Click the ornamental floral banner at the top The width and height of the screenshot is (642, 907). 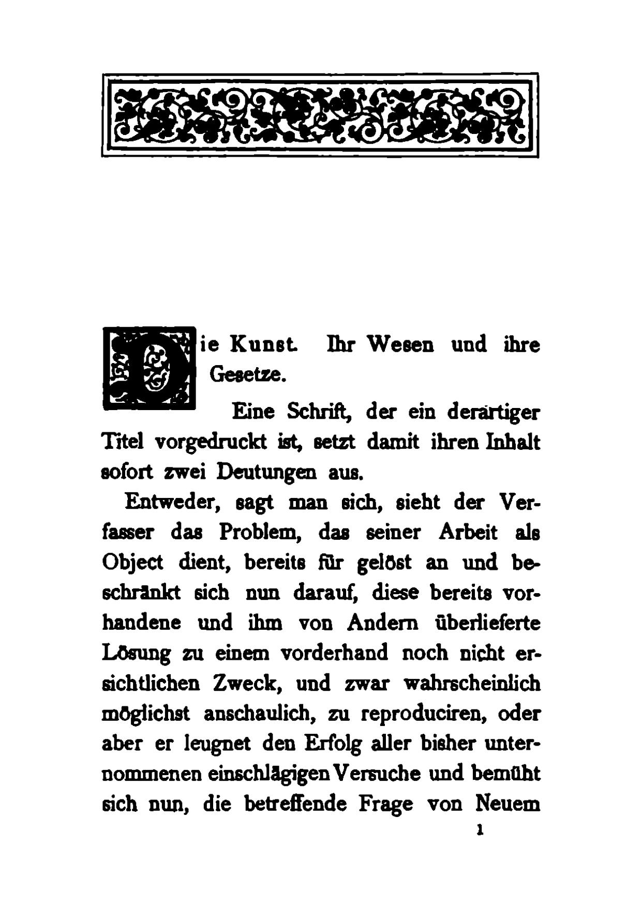(320, 115)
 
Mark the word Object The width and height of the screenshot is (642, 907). (132, 563)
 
